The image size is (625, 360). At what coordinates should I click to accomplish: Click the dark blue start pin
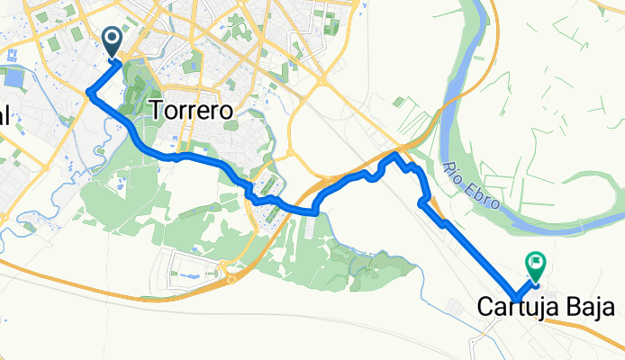pos(113,40)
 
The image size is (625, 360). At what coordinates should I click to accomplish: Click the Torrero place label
pos(195,110)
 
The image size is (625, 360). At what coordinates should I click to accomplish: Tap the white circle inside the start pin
pos(113,38)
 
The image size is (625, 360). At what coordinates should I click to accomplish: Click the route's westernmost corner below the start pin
pos(88,92)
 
